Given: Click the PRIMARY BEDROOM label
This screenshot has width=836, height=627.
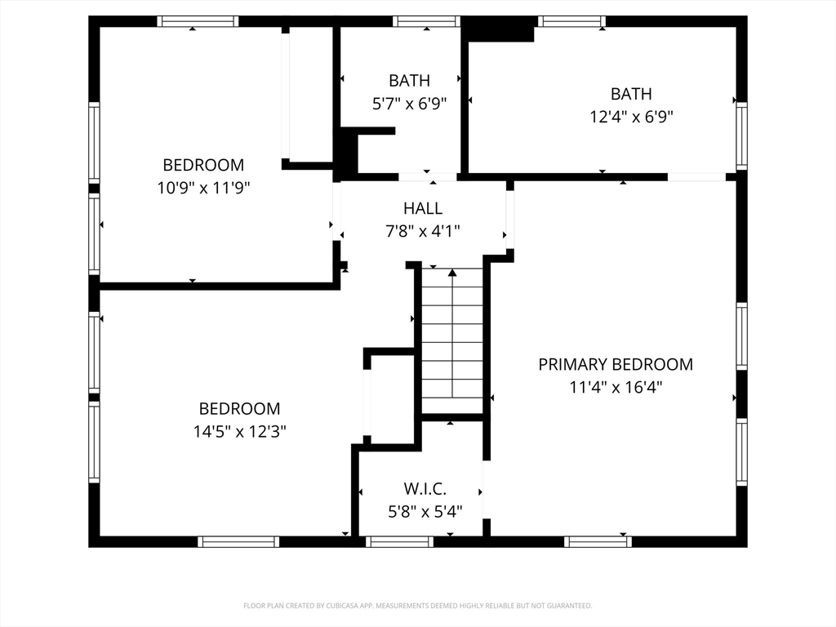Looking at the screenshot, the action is click(616, 364).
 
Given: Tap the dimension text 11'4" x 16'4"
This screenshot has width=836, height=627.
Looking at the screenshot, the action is click(616, 386).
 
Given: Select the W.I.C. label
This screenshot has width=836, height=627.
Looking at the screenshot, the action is click(425, 488).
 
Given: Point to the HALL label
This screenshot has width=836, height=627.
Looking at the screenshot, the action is click(423, 208).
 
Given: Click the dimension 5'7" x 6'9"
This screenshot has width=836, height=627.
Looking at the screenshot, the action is click(410, 103).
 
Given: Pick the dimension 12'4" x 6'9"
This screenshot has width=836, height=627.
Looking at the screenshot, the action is click(631, 116).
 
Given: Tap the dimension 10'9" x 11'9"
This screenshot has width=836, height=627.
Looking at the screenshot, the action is click(203, 188).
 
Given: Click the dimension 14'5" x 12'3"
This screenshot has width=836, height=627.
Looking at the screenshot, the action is click(240, 431).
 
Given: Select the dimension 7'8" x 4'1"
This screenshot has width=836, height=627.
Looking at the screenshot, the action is click(423, 231).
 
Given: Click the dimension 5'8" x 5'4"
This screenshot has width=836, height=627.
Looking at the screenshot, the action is click(425, 511).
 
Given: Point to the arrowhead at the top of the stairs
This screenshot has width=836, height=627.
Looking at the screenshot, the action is click(452, 273).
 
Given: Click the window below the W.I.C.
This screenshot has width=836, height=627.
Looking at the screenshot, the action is click(399, 542).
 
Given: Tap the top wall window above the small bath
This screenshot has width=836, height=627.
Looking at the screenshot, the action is click(426, 21).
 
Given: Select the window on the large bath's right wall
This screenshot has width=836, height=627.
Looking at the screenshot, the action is click(741, 136).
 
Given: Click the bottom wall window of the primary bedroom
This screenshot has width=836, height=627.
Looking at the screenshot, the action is click(598, 542).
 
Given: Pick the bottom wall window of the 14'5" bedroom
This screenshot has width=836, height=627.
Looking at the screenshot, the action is click(238, 542).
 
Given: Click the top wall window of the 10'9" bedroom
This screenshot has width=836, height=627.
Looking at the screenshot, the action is click(198, 21).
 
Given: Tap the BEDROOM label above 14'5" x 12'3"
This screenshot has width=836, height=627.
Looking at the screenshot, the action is click(239, 408).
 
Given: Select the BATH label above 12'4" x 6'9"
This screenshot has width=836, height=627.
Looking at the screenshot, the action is click(631, 94).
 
